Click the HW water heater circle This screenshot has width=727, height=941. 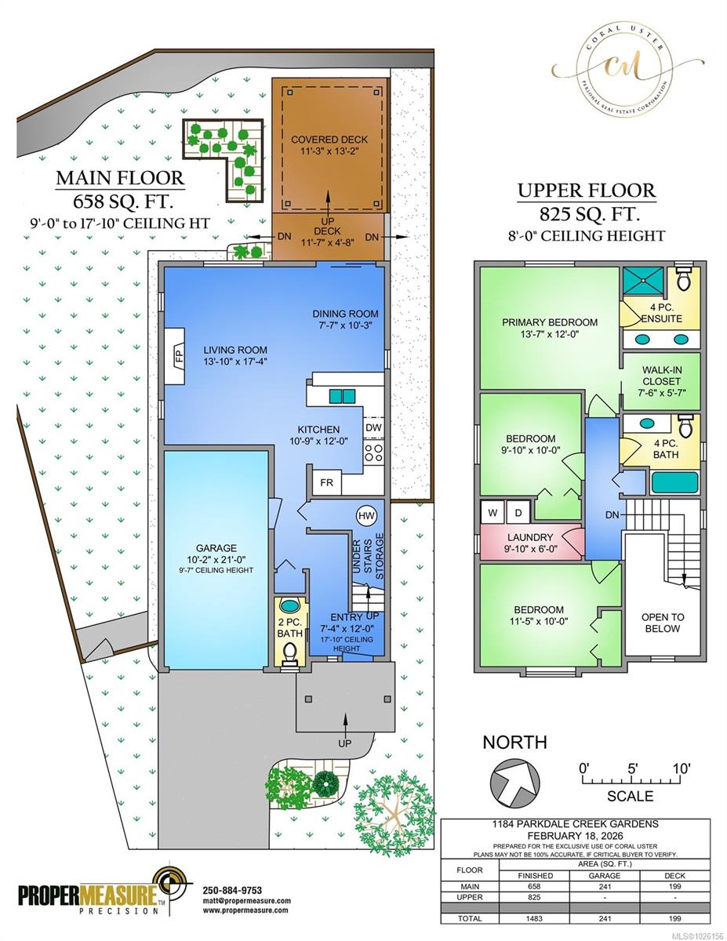366,516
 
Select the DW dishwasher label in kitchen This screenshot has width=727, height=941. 373,427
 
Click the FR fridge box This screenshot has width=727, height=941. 326,483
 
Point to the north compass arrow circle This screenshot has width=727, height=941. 515,782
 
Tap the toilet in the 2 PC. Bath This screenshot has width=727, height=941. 289,650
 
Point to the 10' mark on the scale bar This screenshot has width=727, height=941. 681,769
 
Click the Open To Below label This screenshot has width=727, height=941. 662,623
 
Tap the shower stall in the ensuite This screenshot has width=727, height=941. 642,280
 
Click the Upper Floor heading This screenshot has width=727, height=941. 587,191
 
